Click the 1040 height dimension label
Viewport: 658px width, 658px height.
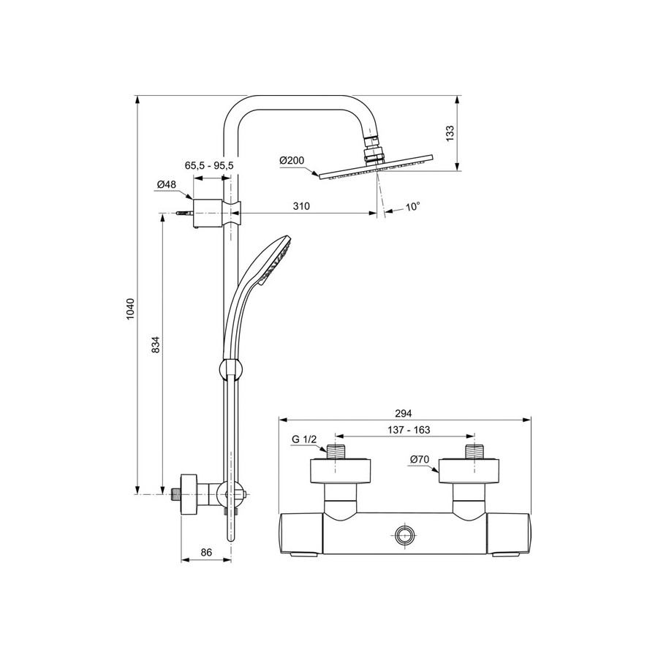coord(131,310)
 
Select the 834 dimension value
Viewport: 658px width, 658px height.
coord(156,344)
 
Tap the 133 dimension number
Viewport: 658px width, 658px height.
coord(450,133)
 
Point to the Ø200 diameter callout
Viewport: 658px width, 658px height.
coord(292,160)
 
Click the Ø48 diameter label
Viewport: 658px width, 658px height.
coord(167,184)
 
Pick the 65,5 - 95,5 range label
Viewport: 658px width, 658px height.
coord(209,165)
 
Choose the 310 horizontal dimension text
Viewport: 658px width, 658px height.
coord(301,205)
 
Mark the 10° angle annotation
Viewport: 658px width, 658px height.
coord(413,206)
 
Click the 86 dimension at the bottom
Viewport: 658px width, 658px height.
coord(206,552)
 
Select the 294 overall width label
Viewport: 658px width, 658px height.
coord(404,413)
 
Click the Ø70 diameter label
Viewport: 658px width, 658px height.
coord(420,460)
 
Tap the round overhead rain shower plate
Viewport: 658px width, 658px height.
coord(376,167)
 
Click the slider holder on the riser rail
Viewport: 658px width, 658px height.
coord(231,369)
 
